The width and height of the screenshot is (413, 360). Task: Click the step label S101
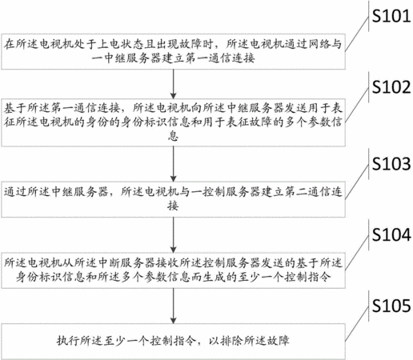[x=391, y=16]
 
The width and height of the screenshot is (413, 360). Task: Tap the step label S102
[x=391, y=87]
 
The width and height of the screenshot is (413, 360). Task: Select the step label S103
[x=391, y=164]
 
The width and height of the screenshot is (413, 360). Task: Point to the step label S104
[x=391, y=234]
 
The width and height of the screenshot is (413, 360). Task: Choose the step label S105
[x=391, y=306]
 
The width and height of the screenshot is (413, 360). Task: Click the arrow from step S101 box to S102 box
[x=174, y=84]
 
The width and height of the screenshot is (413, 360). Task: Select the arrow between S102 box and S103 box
[x=174, y=164]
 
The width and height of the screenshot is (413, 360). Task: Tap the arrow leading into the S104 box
[x=174, y=235]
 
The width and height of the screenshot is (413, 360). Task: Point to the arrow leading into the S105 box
[x=174, y=306]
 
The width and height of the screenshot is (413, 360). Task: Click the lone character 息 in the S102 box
[x=173, y=136]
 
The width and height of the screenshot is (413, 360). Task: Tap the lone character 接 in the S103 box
[x=173, y=206]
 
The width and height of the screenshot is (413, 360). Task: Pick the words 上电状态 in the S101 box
[x=120, y=44]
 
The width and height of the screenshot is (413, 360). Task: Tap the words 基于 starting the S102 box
[x=15, y=108]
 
